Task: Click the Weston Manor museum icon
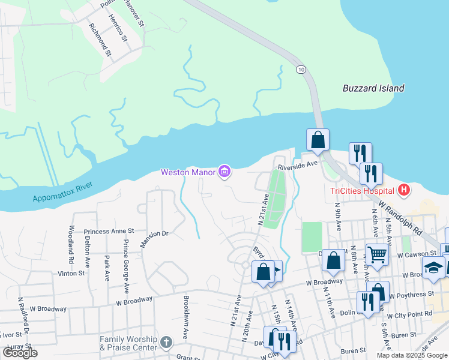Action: point(224,173)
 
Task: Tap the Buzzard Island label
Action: point(373,88)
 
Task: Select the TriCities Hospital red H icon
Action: point(405,191)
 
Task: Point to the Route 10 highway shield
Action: point(300,70)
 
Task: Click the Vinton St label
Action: point(71,273)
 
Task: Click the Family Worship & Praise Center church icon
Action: point(166,344)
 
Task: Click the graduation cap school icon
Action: point(433,268)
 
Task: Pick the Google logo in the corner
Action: point(20,353)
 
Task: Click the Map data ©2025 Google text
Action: point(411,355)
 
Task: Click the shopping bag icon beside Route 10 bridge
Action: point(318,140)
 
